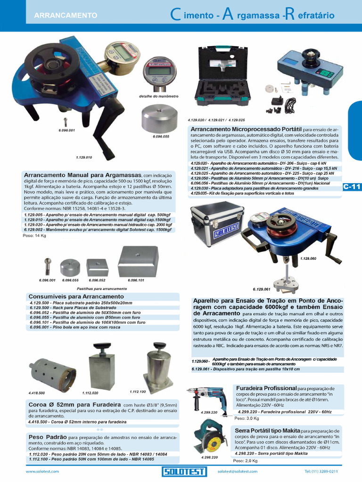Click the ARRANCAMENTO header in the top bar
tap(66, 16)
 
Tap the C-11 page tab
tap(352, 187)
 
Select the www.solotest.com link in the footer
tap(42, 471)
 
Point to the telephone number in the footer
tap(321, 471)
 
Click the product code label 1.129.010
tap(84, 157)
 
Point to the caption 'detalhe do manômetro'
tap(159, 96)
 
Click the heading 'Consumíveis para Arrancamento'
tap(70, 297)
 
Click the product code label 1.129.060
tap(308, 259)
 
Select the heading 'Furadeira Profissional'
tap(266, 388)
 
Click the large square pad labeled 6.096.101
tap(138, 262)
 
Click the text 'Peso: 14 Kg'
tap(34, 235)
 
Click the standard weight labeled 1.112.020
tap(101, 367)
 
